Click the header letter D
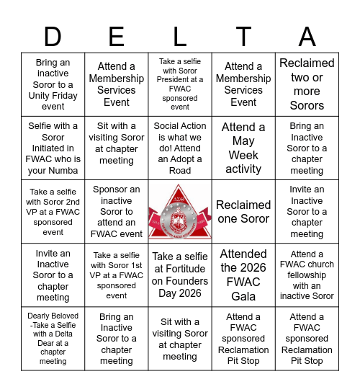[x=53, y=36]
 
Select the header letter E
[x=117, y=36]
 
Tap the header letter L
[x=180, y=36]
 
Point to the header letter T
[x=243, y=36]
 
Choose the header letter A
[x=307, y=36]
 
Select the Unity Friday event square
[x=53, y=84]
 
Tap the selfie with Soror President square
[x=180, y=84]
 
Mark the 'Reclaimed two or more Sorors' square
[x=307, y=84]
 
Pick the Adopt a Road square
[x=180, y=148]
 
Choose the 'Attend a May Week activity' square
[x=243, y=148]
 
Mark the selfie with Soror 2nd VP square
[x=53, y=212]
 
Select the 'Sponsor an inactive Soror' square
[x=117, y=212]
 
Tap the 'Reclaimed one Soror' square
[x=243, y=212]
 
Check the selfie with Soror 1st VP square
[x=117, y=275]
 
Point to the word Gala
[x=243, y=296]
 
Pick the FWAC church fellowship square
[x=307, y=275]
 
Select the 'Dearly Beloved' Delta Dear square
[x=53, y=339]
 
